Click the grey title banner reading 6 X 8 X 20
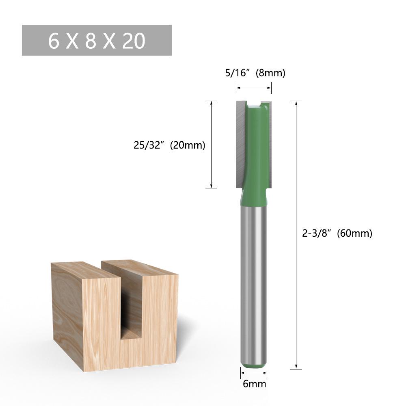[97, 40]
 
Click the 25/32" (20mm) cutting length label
[169, 145]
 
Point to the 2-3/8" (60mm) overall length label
[337, 233]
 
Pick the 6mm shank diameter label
[254, 384]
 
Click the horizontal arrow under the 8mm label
[254, 87]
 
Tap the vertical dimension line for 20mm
[211, 144]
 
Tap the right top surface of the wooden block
[140, 268]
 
